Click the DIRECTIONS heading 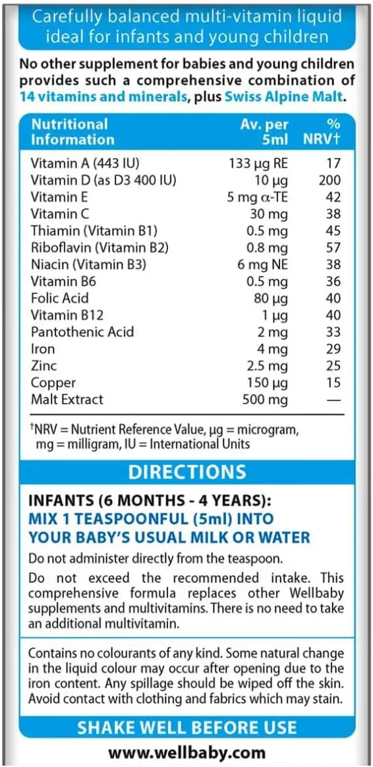tap(186, 472)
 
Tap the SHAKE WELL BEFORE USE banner tap(186, 727)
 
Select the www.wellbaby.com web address tap(186, 752)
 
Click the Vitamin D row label tap(103, 179)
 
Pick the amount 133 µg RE tap(258, 163)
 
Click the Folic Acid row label tap(59, 298)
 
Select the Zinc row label tap(43, 365)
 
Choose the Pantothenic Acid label tap(82, 332)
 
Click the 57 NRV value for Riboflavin tap(333, 247)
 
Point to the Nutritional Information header tap(72, 131)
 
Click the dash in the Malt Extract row tap(334, 400)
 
